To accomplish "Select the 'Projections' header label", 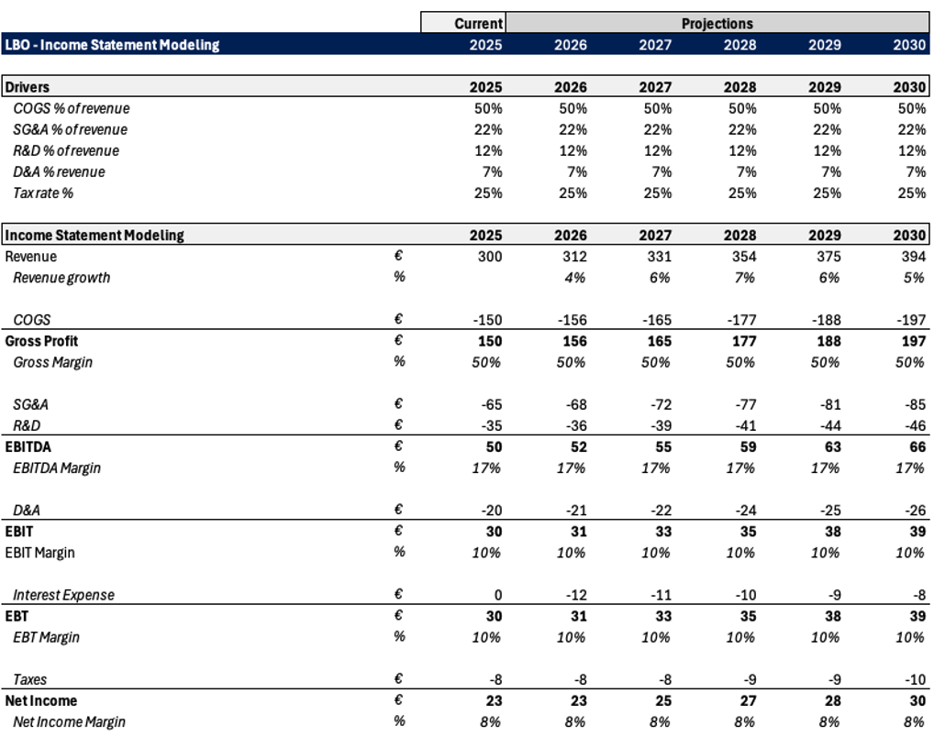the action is pyautogui.click(x=717, y=24).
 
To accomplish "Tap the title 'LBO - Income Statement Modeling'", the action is pyautogui.click(x=112, y=45).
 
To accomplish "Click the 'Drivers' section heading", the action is pyautogui.click(x=28, y=87).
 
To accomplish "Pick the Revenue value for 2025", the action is pyautogui.click(x=490, y=257).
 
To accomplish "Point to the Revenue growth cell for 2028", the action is pyautogui.click(x=745, y=278).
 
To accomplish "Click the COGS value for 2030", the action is pyautogui.click(x=911, y=320).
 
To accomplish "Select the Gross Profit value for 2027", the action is pyautogui.click(x=660, y=341).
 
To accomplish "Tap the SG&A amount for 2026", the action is pyautogui.click(x=576, y=404).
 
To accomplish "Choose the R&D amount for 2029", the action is pyautogui.click(x=830, y=426).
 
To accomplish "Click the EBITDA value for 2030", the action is pyautogui.click(x=917, y=447).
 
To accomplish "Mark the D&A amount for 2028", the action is pyautogui.click(x=746, y=511).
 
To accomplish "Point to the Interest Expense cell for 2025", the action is pyautogui.click(x=498, y=595).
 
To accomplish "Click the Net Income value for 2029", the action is pyautogui.click(x=833, y=701).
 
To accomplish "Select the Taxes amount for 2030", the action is pyautogui.click(x=916, y=679).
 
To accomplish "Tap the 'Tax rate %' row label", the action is pyautogui.click(x=43, y=193).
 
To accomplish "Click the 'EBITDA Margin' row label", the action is pyautogui.click(x=57, y=468).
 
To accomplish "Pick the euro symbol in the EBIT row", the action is pyautogui.click(x=398, y=531).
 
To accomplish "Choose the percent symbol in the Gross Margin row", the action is pyautogui.click(x=399, y=362).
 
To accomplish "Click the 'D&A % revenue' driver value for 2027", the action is pyautogui.click(x=662, y=172).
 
